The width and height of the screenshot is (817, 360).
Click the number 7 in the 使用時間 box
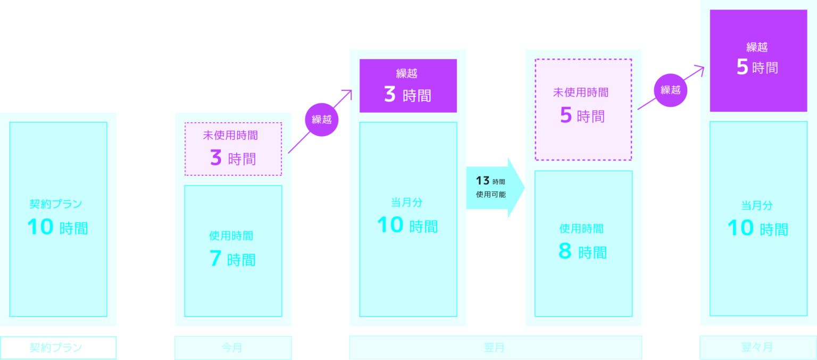[x=215, y=259]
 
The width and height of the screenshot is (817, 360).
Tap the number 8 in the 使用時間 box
[x=565, y=251]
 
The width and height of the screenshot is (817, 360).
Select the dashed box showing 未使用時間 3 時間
[x=233, y=149]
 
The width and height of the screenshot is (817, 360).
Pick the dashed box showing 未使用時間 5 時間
[x=583, y=109]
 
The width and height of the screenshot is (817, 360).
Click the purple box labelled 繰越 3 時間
[x=408, y=86]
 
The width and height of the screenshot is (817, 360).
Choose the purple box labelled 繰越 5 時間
[x=758, y=60]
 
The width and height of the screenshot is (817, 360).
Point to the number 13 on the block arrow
[x=482, y=181]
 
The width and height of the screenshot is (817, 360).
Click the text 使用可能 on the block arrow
[x=490, y=195]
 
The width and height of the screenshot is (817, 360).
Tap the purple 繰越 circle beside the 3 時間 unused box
[x=321, y=120]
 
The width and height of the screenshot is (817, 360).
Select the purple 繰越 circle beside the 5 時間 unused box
[x=670, y=90]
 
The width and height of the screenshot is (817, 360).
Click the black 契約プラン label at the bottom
[x=58, y=348]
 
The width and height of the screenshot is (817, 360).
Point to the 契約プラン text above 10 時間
[x=56, y=204]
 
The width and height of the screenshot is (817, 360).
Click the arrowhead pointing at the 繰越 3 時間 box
[x=347, y=94]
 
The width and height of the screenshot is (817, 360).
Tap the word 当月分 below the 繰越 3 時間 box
[x=407, y=202]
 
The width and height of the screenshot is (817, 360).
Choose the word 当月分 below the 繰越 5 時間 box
[x=757, y=205]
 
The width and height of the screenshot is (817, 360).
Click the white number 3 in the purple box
[x=390, y=95]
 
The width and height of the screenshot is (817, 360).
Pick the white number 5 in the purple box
[x=742, y=68]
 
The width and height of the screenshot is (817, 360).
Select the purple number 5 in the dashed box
[x=565, y=115]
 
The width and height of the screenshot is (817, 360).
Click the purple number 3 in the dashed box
[x=215, y=158]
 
